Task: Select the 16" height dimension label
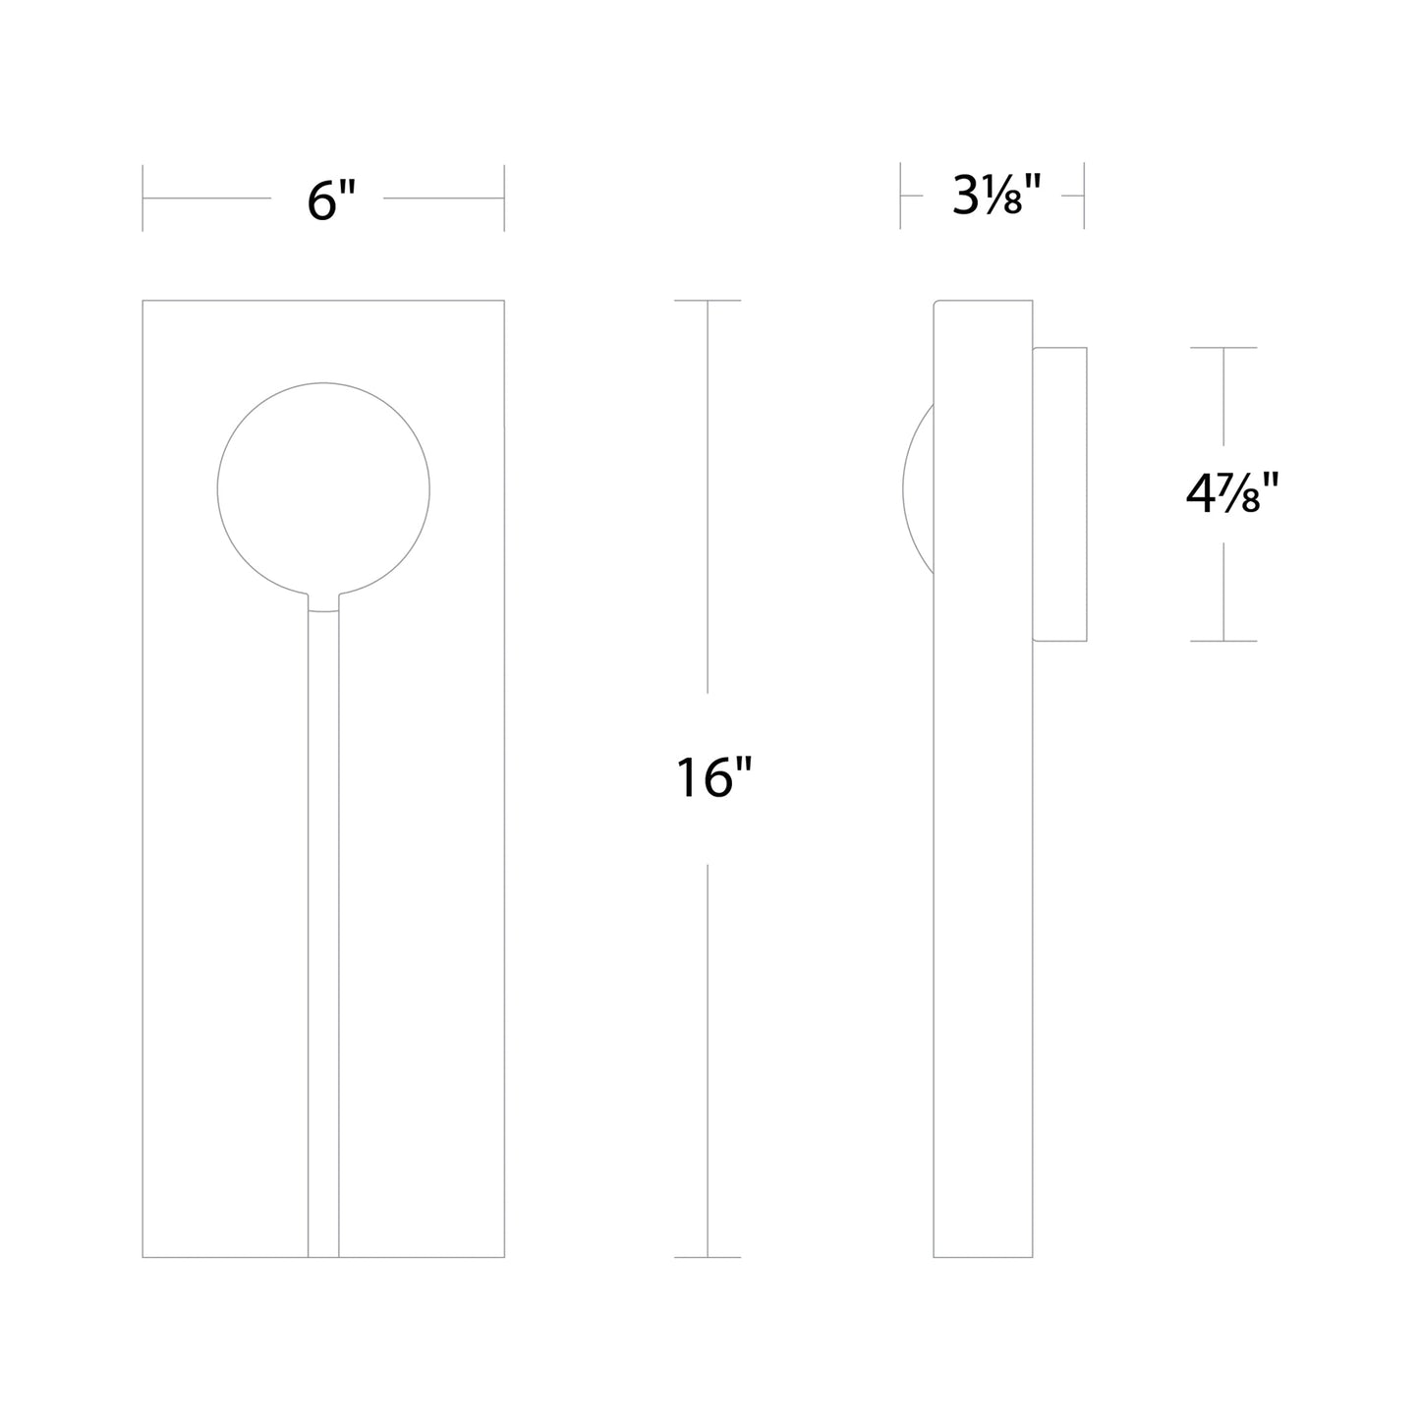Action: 713,779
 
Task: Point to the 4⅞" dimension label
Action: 1232,494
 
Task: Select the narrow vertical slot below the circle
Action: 323,884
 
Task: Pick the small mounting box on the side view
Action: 1059,494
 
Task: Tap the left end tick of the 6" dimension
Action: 143,199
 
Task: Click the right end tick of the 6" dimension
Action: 504,199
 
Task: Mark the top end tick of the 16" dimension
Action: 708,301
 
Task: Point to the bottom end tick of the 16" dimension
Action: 708,1257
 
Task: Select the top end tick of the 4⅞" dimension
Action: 1223,348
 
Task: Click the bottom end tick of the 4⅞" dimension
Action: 1223,641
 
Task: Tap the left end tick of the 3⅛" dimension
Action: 900,197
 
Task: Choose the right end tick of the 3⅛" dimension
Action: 1084,197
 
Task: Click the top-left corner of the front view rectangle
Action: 143,301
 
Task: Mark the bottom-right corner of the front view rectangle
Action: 504,1257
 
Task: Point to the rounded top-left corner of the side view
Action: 936,303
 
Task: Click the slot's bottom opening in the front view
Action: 323,1255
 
